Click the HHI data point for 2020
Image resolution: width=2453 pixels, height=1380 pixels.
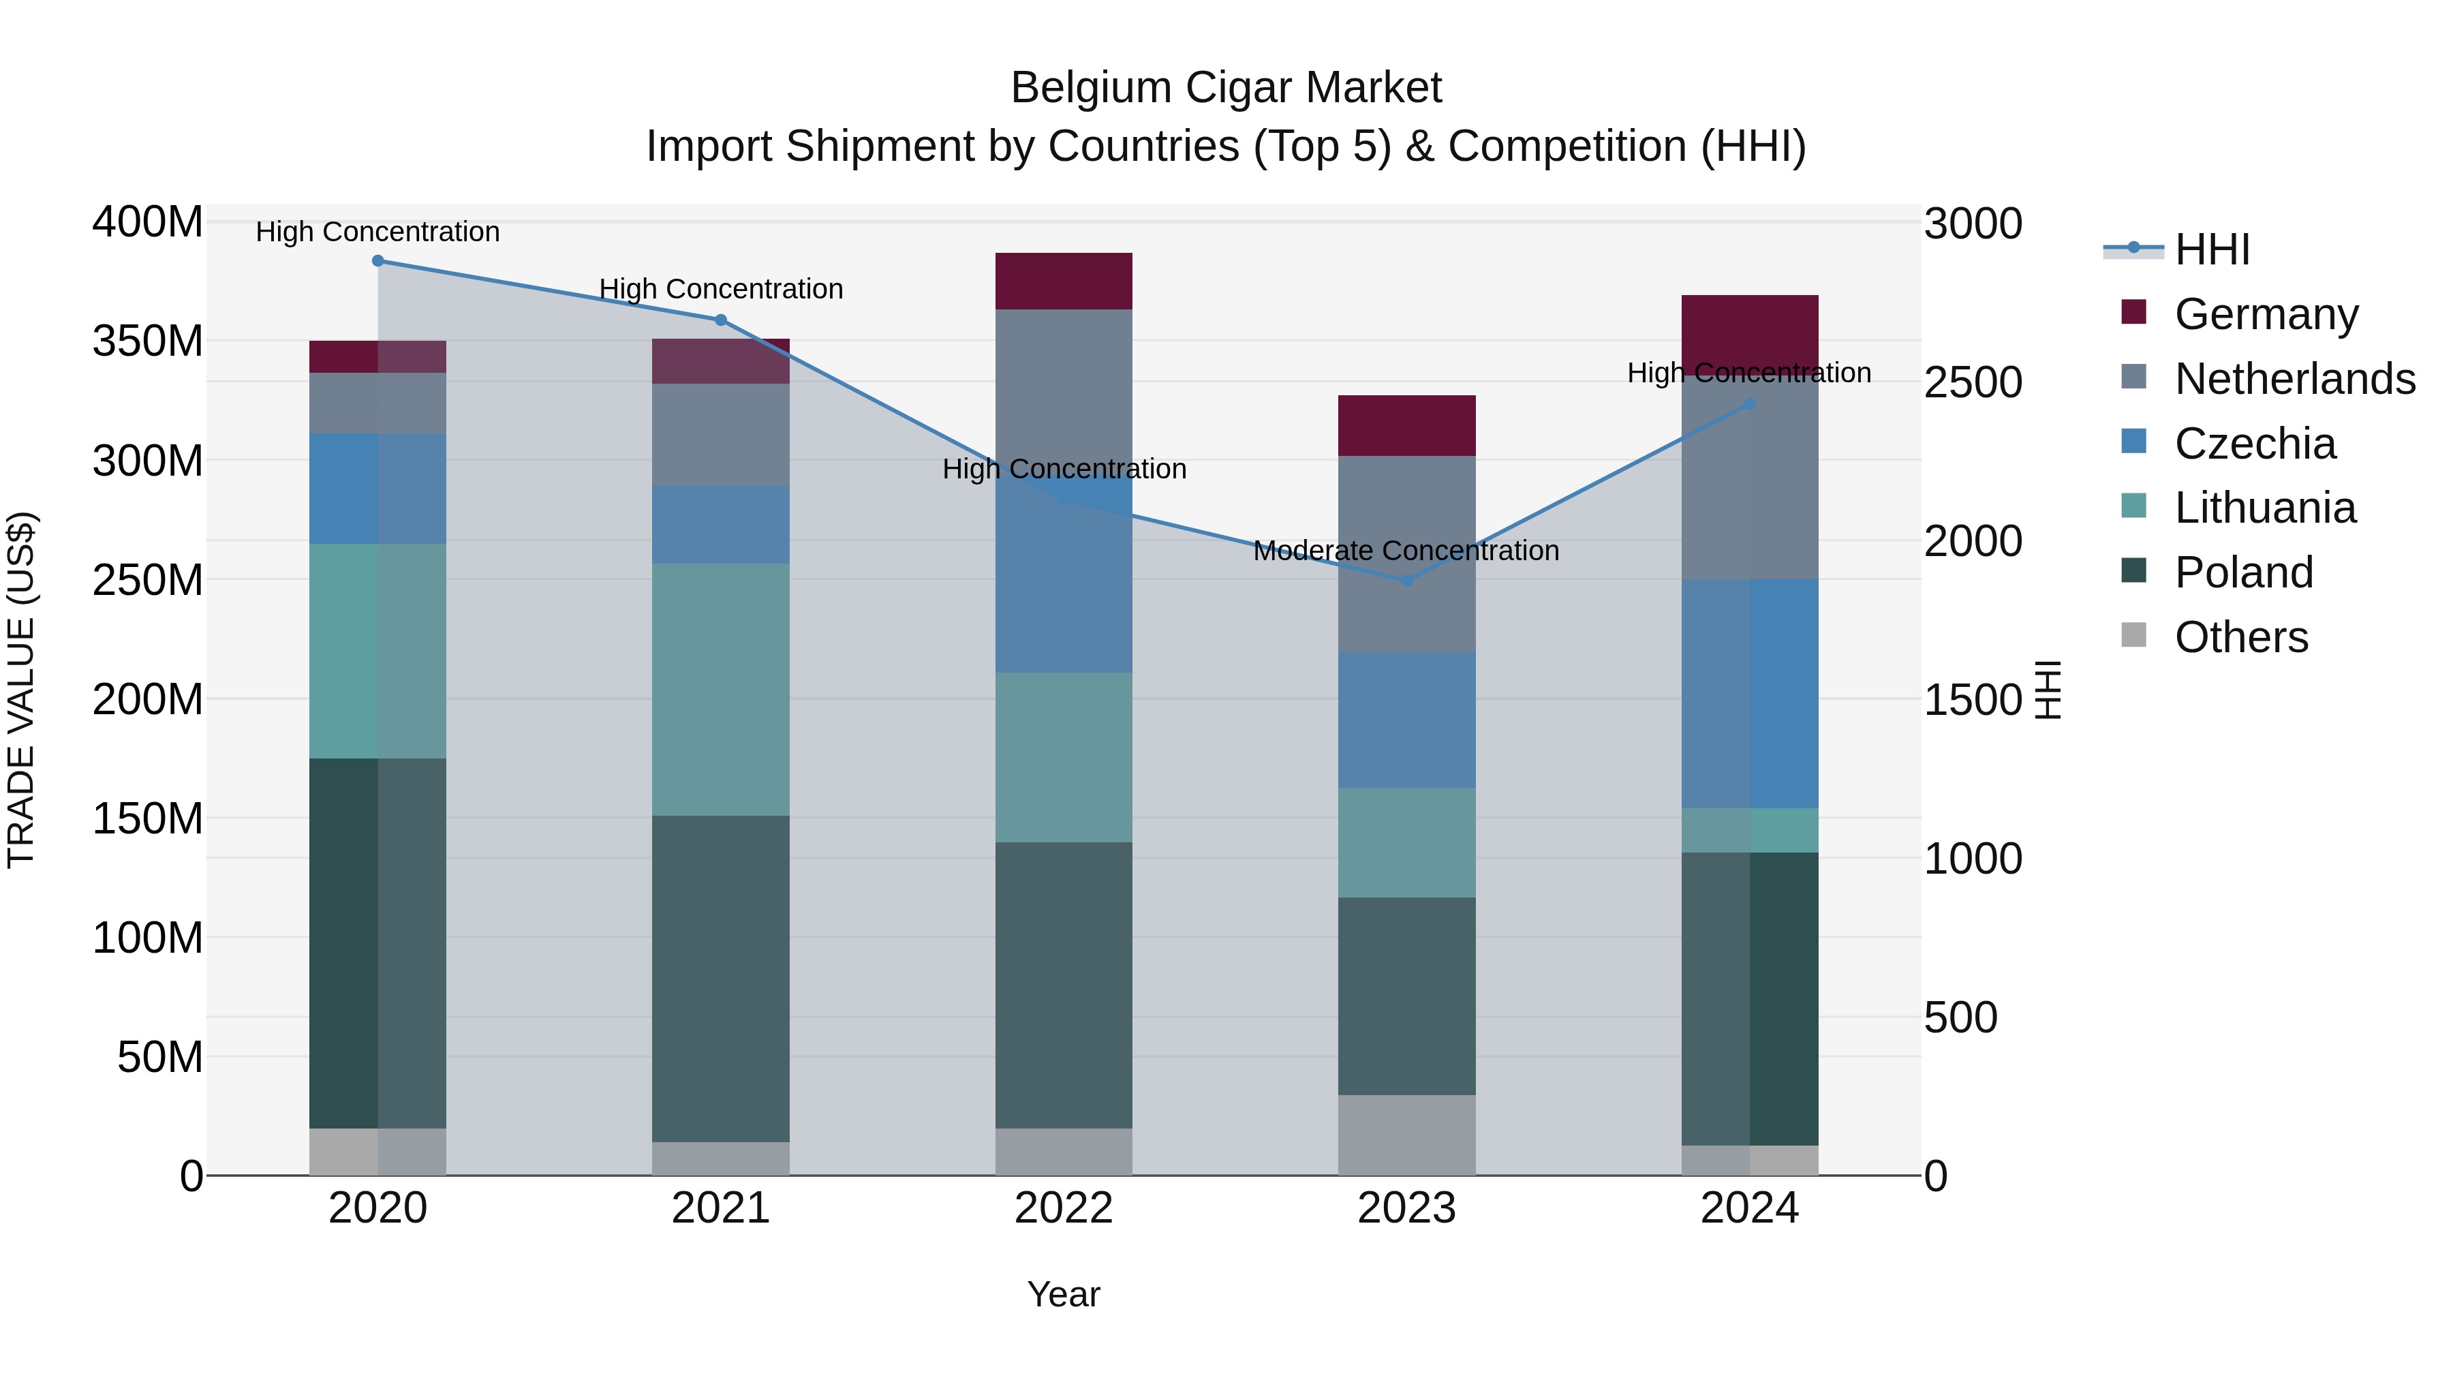(378, 261)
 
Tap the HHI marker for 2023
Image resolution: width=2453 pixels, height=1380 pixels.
(1406, 580)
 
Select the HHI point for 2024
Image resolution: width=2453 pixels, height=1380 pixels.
(1749, 404)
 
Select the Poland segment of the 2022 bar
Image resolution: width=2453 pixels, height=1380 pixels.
(1064, 985)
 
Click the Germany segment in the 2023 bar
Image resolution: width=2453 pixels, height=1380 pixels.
(1406, 426)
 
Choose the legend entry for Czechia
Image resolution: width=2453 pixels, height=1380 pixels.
(2255, 444)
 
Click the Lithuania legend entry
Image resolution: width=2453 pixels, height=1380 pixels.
(2264, 508)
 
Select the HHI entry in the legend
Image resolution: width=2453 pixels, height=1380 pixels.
(2212, 249)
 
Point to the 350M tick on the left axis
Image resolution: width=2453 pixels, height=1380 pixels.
(148, 341)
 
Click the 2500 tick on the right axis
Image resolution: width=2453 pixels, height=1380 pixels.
(1972, 383)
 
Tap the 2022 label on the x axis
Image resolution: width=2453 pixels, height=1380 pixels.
(1064, 1208)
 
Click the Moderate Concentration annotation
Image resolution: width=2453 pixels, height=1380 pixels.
(1406, 551)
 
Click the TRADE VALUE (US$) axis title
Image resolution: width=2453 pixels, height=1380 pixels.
(21, 690)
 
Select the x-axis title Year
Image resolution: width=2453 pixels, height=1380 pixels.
(1064, 1294)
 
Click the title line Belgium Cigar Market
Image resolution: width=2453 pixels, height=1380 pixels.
(1226, 88)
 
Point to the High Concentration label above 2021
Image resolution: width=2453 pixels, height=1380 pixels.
(721, 288)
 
